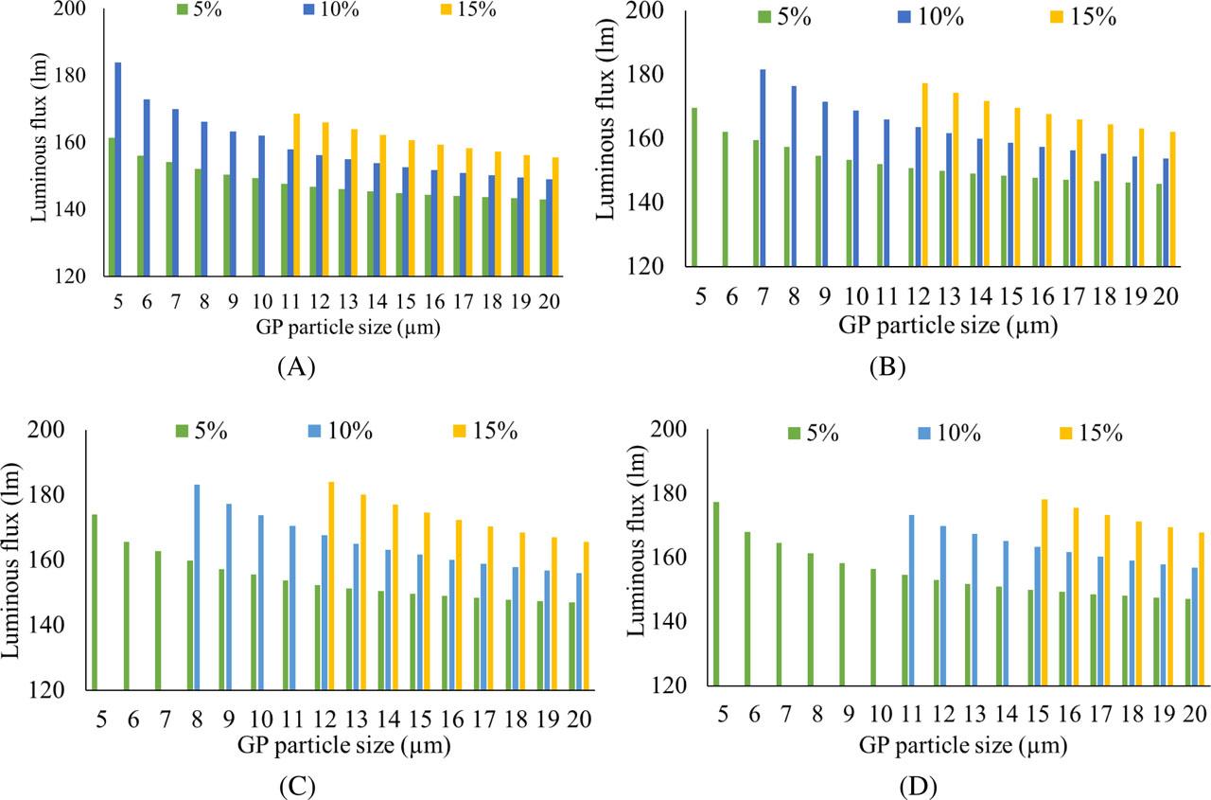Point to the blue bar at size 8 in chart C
pyautogui.click(x=197, y=587)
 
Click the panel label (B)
pyautogui.click(x=886, y=368)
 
